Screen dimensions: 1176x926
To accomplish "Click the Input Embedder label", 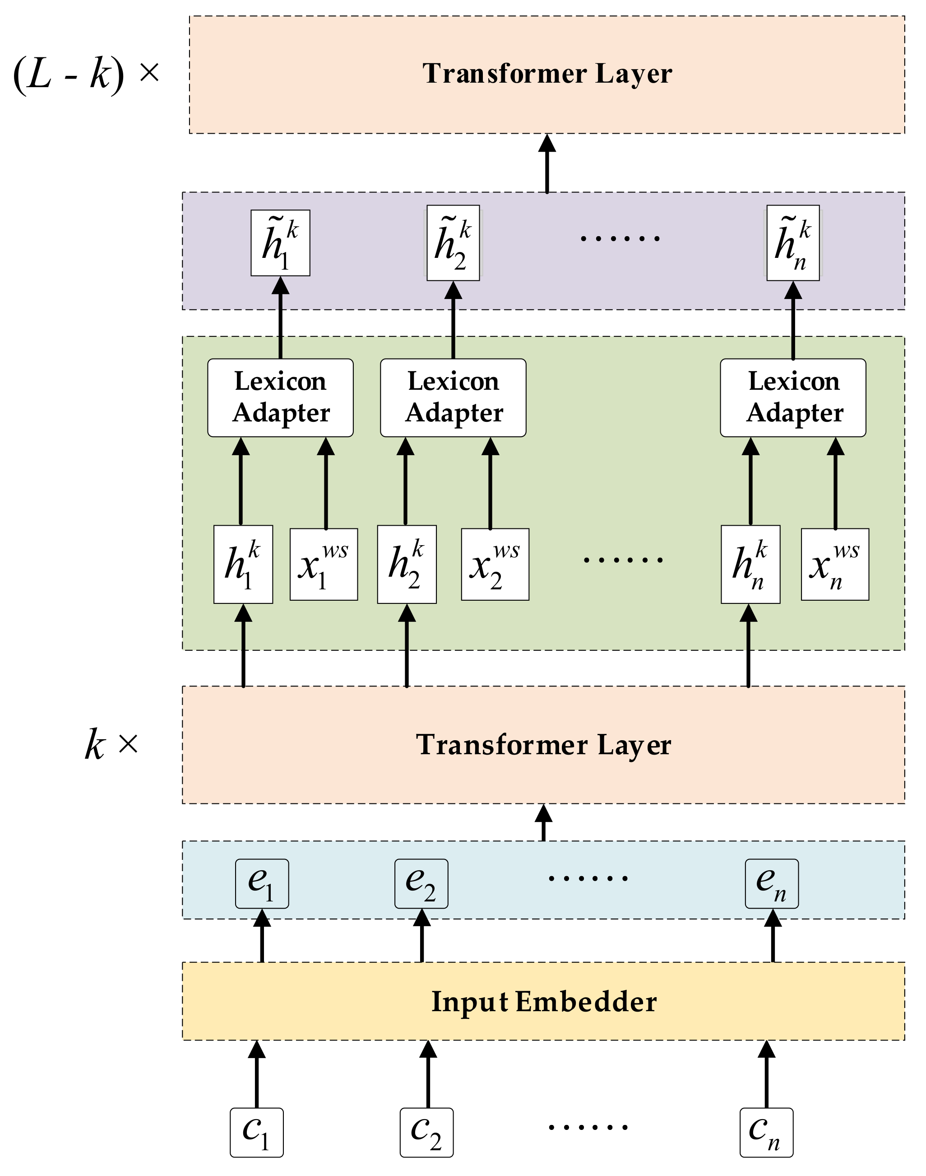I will (x=543, y=1001).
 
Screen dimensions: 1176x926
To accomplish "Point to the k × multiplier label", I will (x=111, y=744).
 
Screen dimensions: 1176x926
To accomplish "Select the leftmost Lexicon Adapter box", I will (x=280, y=397).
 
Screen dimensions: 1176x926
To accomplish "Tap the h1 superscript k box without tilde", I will (x=243, y=564).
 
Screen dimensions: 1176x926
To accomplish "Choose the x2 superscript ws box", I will (x=495, y=564).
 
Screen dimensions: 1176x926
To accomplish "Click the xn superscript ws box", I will (x=834, y=564).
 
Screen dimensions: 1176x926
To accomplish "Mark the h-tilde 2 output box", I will (x=453, y=243).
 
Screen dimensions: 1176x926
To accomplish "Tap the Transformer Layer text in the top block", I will (x=546, y=73).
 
